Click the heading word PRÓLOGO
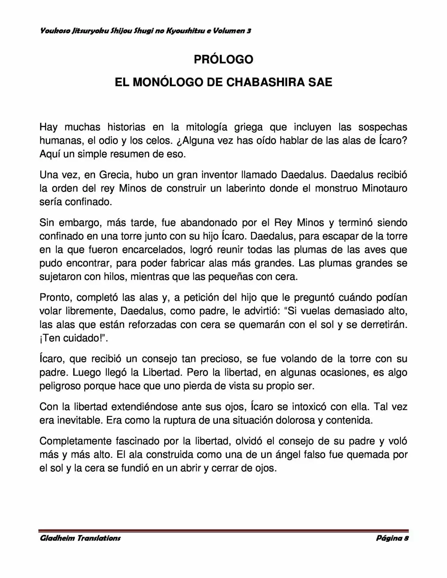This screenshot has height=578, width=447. point(223,60)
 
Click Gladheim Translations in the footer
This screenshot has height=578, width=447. point(80,538)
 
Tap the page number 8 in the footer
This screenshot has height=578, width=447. point(406,538)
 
